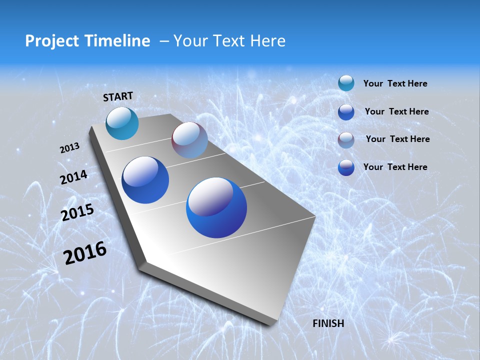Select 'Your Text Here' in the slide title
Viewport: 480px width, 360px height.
229,41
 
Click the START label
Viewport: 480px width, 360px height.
118,96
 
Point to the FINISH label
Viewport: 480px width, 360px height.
328,323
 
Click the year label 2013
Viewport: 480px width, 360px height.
70,148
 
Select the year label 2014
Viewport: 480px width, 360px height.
74,177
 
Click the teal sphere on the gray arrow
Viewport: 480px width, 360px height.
122,123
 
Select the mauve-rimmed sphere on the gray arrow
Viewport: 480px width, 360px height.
189,140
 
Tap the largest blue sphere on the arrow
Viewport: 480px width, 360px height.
216,207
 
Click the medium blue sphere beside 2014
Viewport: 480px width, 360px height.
145,180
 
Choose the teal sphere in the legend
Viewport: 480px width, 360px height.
346,83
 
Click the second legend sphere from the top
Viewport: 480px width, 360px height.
346,111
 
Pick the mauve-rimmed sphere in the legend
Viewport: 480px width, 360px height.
346,139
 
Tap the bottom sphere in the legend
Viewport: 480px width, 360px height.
346,167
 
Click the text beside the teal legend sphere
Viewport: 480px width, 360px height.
395,83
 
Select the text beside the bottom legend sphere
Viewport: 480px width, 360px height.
395,167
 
